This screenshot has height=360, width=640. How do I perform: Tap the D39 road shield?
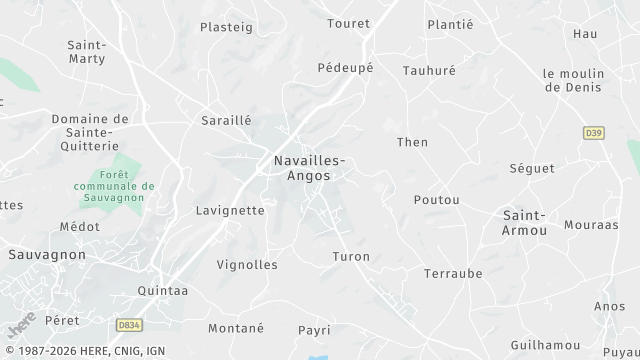594,132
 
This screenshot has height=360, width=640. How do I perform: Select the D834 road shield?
128,325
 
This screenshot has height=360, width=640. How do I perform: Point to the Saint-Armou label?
524,223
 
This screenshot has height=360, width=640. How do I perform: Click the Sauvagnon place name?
47,255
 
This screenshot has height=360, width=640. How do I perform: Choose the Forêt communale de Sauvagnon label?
113,185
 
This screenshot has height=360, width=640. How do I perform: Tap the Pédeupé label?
345,68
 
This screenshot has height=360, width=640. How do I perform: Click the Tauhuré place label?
429,71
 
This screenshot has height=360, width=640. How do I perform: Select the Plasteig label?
227,27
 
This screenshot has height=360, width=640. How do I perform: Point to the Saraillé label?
226,120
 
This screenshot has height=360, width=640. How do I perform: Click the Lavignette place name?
231,211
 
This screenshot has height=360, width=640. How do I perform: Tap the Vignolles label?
247,265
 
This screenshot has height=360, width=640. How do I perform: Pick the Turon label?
351,257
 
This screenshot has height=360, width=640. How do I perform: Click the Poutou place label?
437,200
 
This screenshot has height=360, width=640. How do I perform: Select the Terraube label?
453,273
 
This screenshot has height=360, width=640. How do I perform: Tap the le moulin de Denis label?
574,81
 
